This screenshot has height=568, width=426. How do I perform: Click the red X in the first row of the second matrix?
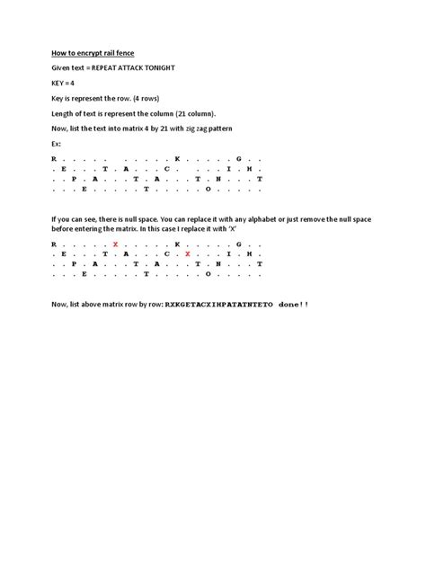115,244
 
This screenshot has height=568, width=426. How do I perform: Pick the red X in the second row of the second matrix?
187,254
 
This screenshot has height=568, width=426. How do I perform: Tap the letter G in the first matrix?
238,157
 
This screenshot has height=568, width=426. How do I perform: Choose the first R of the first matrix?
53,157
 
